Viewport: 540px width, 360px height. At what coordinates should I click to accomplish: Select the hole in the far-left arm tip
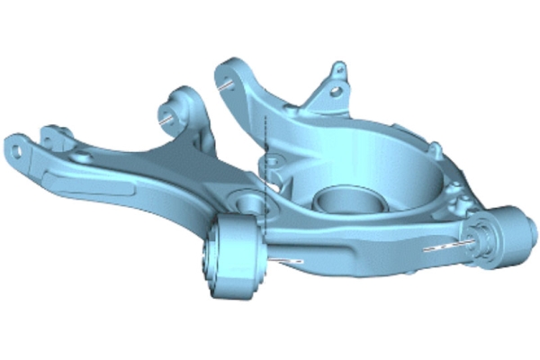pos(16,144)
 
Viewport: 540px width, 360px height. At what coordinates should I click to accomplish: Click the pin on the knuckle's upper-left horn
pos(225,82)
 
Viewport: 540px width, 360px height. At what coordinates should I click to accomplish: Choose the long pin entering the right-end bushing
pos(450,243)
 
